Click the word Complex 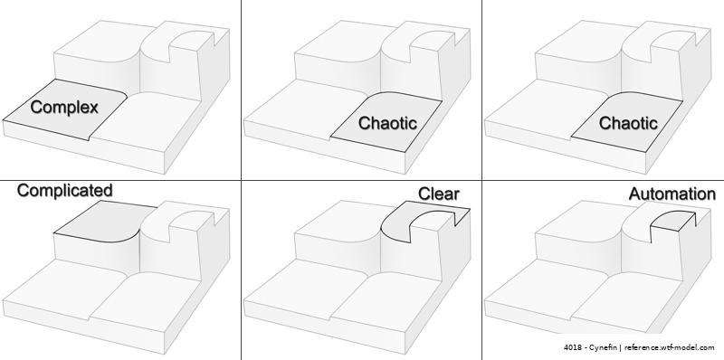tap(64, 108)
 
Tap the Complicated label tap(64, 190)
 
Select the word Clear tap(439, 194)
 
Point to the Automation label tap(672, 194)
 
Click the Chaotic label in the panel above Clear tap(388, 123)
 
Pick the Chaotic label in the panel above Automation tap(628, 123)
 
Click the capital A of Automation tap(635, 194)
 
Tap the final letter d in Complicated tap(108, 190)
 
